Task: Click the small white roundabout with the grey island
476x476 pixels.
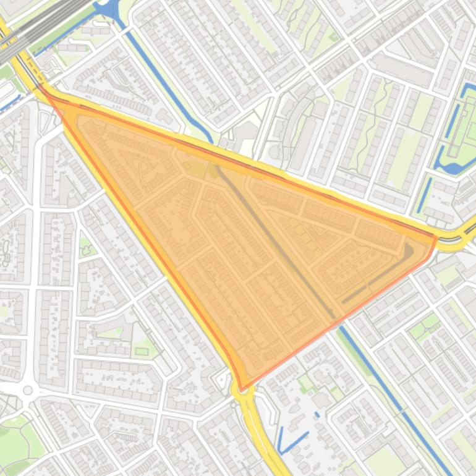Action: pos(27,390)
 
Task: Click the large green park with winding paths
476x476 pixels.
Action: pos(19,439)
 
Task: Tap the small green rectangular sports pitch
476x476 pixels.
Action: pos(142,351)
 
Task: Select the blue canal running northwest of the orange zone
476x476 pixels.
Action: pos(161,80)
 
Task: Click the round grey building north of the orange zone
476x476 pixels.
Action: pos(275,151)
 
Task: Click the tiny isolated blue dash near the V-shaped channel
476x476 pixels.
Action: pos(317,414)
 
